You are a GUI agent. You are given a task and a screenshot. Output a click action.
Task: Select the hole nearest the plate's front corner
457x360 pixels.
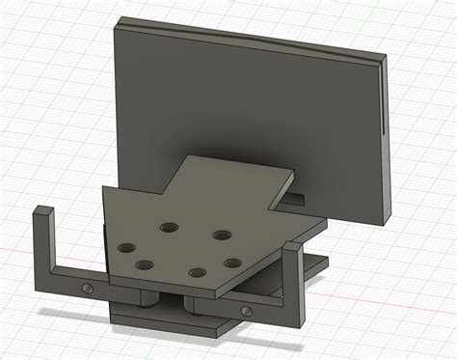[201, 271]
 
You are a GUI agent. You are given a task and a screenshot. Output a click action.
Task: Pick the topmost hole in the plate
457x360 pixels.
[169, 227]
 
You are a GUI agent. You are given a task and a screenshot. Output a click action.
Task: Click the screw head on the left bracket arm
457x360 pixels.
[89, 288]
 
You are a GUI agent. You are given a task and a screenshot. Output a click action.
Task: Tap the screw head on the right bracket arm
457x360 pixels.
[248, 311]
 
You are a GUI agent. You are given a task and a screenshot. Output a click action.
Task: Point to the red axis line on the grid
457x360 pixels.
[19, 253]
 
